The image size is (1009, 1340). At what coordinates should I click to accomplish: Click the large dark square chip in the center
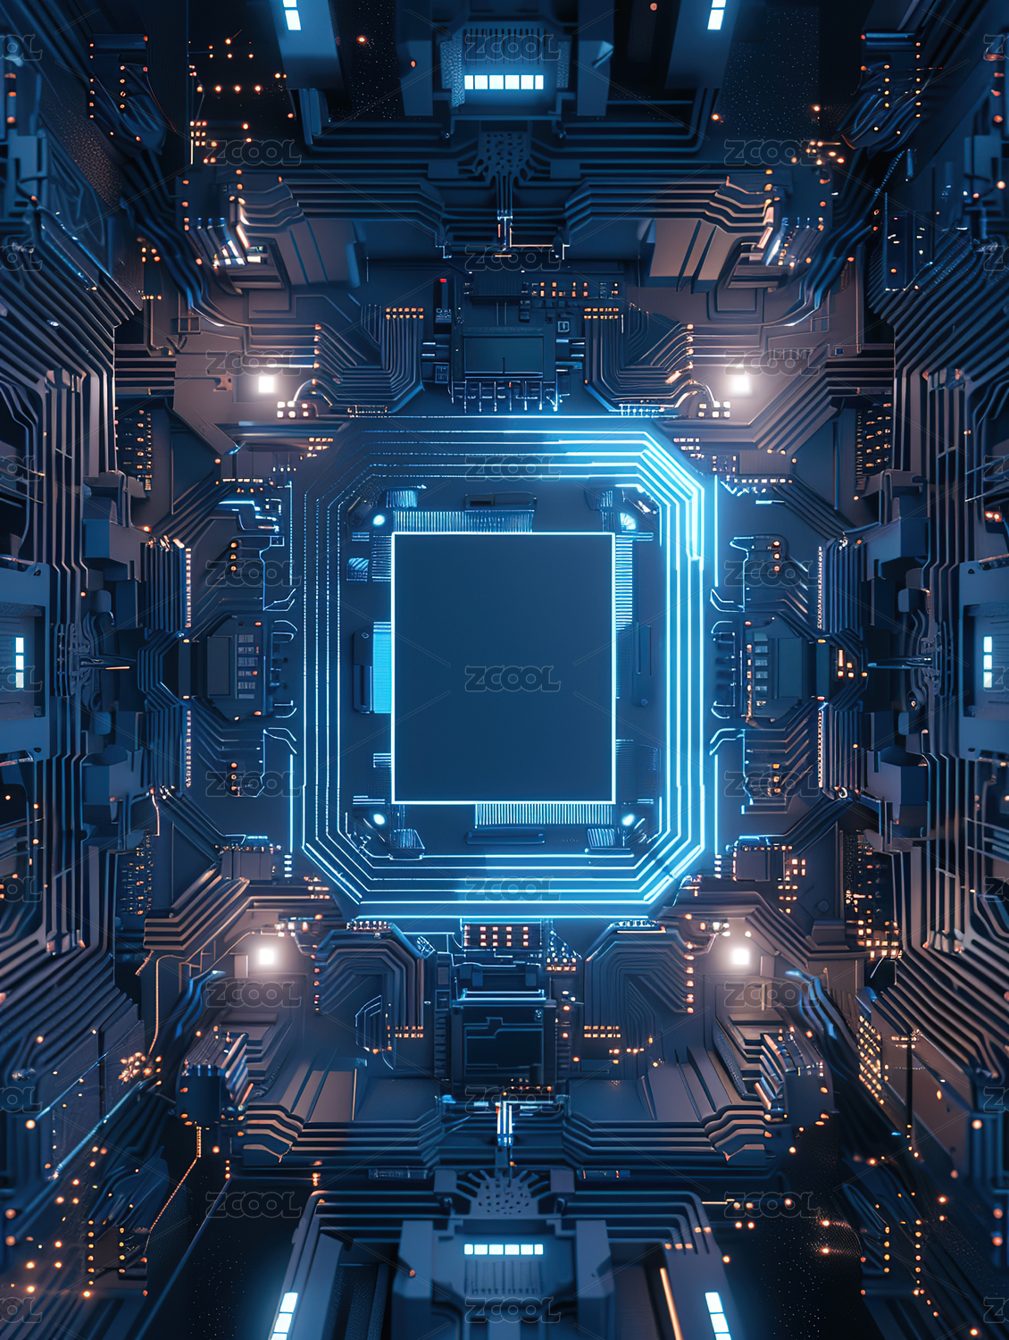pos(504,668)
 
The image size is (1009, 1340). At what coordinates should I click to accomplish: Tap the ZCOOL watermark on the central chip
pos(512,678)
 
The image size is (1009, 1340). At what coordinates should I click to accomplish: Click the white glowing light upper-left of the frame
pos(266,383)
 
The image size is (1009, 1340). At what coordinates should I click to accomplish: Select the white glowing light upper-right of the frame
pos(740,382)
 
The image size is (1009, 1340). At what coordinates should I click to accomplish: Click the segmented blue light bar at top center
pos(504,82)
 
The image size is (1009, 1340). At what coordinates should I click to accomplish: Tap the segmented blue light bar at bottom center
pos(504,1249)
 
